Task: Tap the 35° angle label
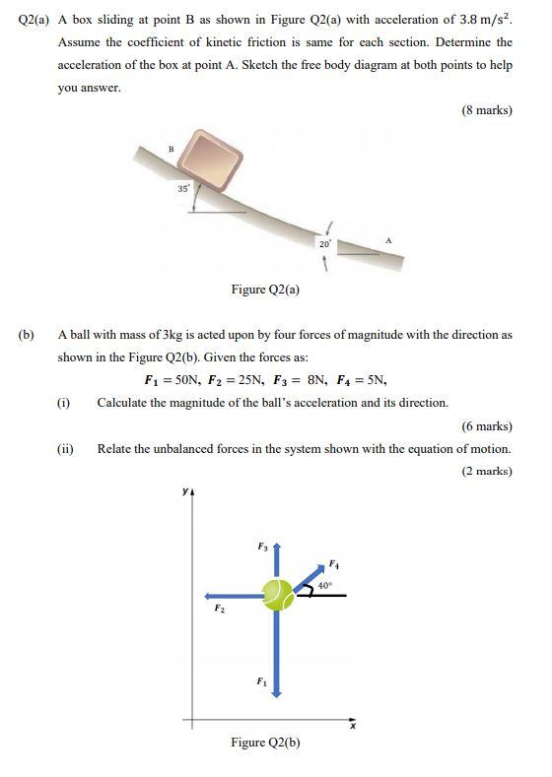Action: (x=183, y=187)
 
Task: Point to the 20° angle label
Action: (x=323, y=243)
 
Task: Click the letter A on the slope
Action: (x=388, y=239)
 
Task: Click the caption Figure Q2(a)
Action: (x=265, y=290)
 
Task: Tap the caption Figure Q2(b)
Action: (x=265, y=743)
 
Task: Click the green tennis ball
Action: (x=277, y=594)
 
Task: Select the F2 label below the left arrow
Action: (x=219, y=609)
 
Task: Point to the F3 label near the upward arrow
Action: (x=262, y=545)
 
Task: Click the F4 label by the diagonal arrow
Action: (x=333, y=564)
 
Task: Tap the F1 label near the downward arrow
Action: (x=261, y=680)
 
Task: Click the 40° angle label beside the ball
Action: (x=324, y=585)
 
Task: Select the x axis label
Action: (x=352, y=727)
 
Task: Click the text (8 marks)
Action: (x=487, y=110)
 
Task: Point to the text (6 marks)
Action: (x=487, y=426)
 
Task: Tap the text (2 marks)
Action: (x=487, y=472)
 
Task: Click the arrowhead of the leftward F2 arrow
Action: (x=209, y=595)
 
